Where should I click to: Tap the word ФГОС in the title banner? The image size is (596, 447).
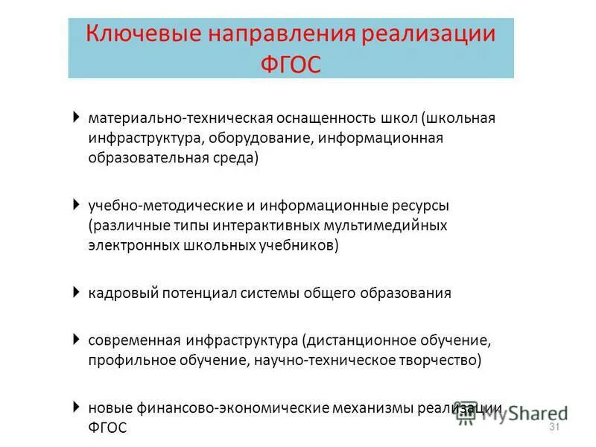(x=291, y=64)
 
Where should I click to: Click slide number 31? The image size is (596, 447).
(x=554, y=427)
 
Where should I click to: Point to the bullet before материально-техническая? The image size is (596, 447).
(x=77, y=117)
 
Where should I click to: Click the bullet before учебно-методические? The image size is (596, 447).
(x=77, y=203)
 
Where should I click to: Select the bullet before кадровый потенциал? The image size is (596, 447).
(x=77, y=291)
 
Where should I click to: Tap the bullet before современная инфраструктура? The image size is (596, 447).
(x=77, y=339)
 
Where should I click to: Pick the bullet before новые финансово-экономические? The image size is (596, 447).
(x=77, y=407)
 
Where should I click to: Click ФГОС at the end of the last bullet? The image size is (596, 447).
(x=107, y=428)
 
